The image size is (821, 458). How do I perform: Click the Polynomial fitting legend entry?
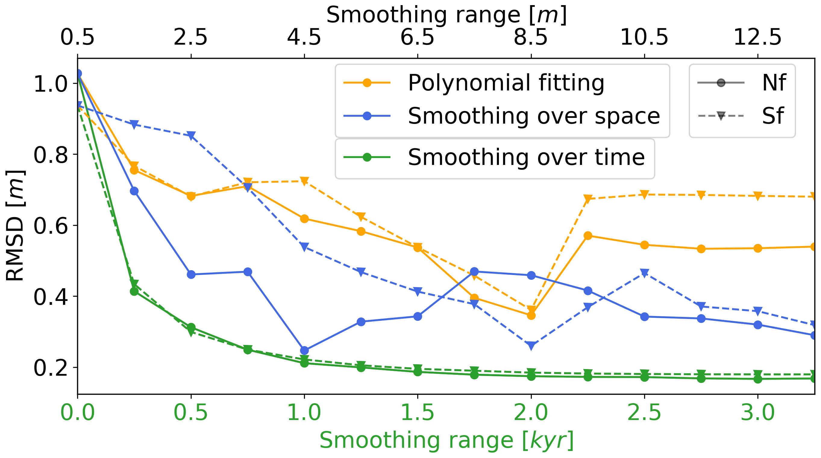(506, 83)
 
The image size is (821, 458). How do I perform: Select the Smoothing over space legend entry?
(534, 116)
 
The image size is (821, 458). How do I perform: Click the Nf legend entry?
(774, 83)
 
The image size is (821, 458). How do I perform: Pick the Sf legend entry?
(772, 116)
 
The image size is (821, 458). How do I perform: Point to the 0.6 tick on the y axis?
(50, 226)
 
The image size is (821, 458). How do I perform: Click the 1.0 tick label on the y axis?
(50, 84)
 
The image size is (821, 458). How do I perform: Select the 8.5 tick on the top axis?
(531, 37)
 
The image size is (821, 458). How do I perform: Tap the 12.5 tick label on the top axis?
(757, 37)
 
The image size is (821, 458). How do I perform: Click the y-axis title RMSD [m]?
(15, 226)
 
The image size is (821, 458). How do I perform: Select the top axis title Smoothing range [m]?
(446, 15)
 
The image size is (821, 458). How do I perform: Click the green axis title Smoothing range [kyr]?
(446, 441)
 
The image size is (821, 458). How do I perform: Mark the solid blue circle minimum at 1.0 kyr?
(304, 351)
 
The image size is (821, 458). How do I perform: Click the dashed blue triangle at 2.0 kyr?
(531, 346)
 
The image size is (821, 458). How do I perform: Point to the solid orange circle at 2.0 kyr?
(531, 315)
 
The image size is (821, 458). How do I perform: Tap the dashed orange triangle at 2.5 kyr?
(644, 194)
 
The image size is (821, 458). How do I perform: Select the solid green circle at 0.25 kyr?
(134, 291)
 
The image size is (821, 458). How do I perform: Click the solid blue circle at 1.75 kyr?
(474, 271)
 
